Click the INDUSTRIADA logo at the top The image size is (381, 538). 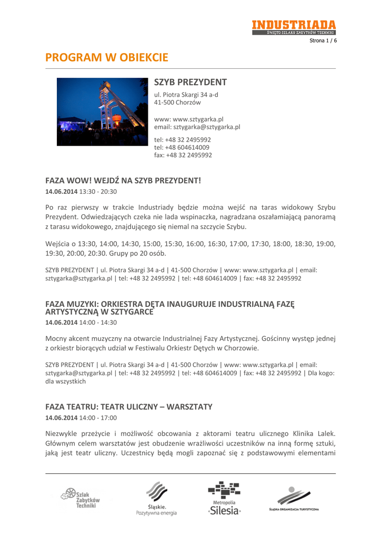(293, 27)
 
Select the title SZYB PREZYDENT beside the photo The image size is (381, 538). (190, 82)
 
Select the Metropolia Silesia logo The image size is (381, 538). (225, 499)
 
